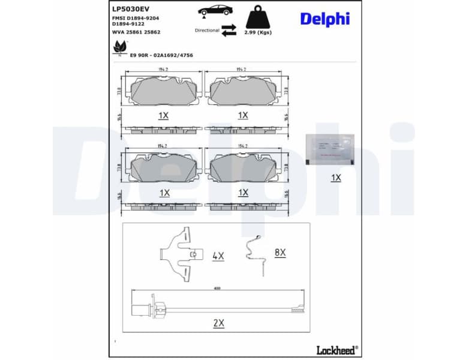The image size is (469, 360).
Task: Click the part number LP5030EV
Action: pyautogui.click(x=130, y=9)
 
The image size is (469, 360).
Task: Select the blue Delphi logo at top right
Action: pyautogui.click(x=324, y=19)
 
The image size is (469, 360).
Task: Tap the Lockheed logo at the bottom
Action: pyautogui.click(x=336, y=349)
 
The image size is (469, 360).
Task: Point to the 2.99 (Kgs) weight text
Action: pyautogui.click(x=258, y=32)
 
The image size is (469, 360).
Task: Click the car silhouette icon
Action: pyautogui.click(x=213, y=10)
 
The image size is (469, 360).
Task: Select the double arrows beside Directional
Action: pyautogui.click(x=229, y=31)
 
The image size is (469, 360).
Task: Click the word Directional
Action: pyautogui.click(x=206, y=29)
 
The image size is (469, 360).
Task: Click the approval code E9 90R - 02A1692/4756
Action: pyautogui.click(x=162, y=55)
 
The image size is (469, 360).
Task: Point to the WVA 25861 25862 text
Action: pyautogui.click(x=136, y=32)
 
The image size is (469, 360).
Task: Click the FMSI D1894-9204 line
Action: pyautogui.click(x=136, y=19)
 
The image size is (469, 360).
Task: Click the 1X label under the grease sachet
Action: pyautogui.click(x=336, y=178)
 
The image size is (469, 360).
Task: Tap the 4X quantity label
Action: pyautogui.click(x=218, y=256)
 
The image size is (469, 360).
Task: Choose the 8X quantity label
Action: pyautogui.click(x=280, y=253)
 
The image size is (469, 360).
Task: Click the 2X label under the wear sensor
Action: pyautogui.click(x=218, y=323)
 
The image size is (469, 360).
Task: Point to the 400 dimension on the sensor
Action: pyautogui.click(x=217, y=289)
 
